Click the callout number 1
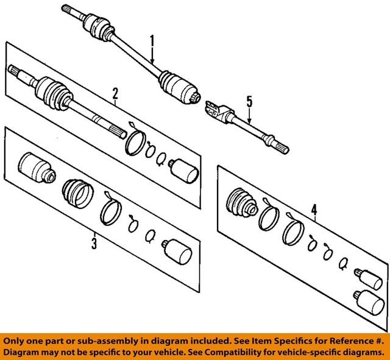[x=153, y=43]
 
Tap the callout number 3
[x=94, y=244]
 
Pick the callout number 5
[x=249, y=101]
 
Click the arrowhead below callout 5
[x=249, y=122]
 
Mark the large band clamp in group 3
[x=110, y=209]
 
